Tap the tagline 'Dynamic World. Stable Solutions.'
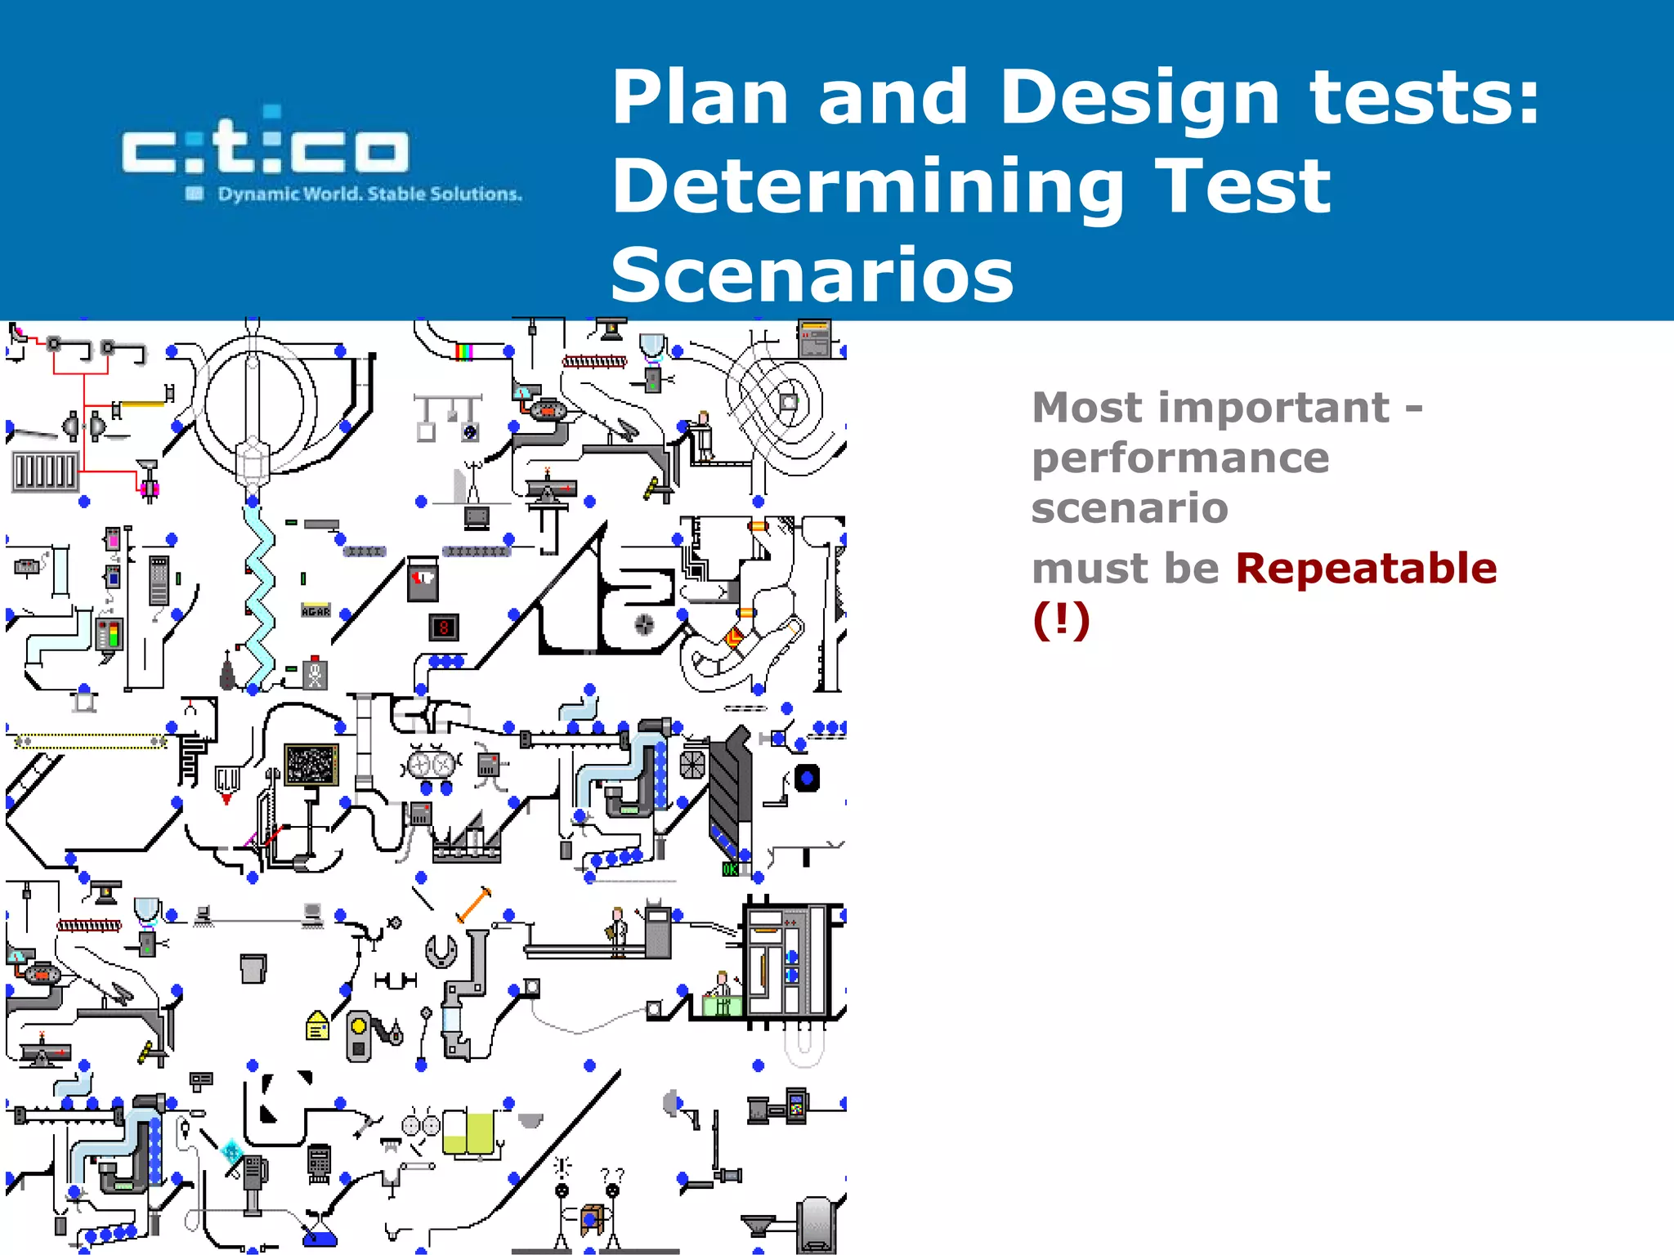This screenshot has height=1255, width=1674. pos(369,194)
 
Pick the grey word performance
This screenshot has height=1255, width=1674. pos(1179,458)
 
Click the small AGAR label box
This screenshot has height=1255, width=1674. pos(316,611)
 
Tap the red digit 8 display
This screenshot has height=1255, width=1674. pos(444,627)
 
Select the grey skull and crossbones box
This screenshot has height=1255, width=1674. pos(316,674)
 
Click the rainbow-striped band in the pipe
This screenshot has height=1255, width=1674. pos(463,351)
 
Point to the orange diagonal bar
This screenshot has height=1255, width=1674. pos(473,904)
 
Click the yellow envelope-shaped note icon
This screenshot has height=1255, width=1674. pos(317,1025)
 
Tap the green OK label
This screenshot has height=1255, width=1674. pos(730,869)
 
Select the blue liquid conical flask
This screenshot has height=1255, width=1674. pos(319,1234)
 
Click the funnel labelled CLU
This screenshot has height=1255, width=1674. pos(227,779)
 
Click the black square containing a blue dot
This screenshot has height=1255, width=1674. pos(807,778)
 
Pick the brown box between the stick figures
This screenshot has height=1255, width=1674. pos(592,1219)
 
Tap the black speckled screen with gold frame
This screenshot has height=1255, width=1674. pos(311,765)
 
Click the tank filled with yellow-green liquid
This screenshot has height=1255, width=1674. pos(468,1133)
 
